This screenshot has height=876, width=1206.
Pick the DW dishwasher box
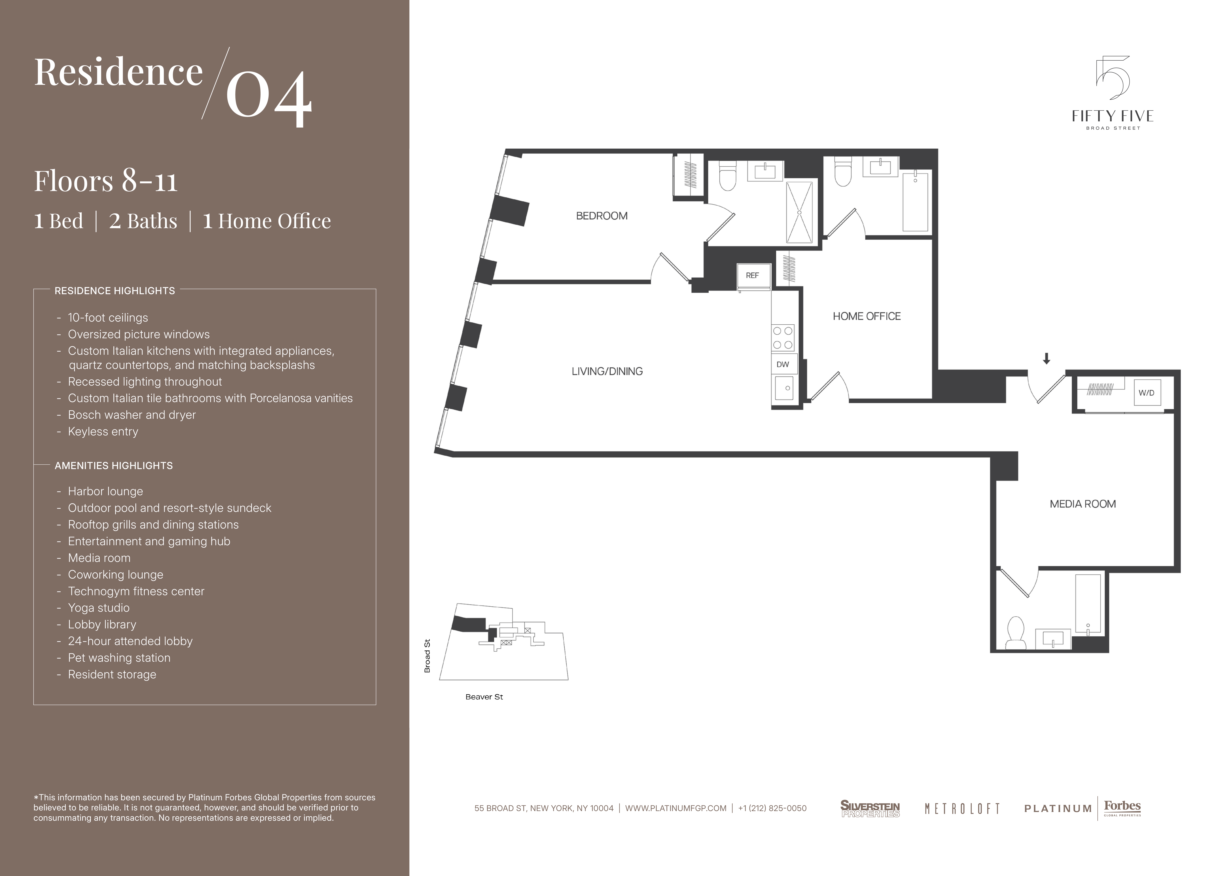pos(783,365)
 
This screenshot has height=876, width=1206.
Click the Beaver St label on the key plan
pos(484,697)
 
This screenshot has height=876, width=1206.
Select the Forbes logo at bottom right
pos(1122,808)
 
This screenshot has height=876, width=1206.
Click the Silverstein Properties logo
pos(870,809)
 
